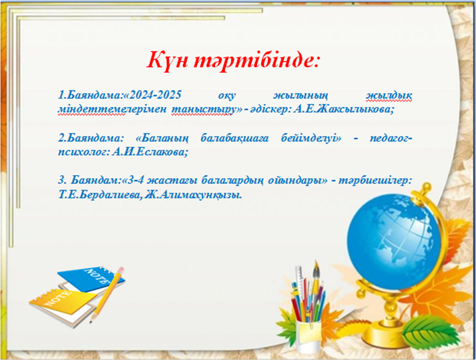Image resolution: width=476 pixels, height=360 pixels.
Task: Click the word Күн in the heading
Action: point(167,61)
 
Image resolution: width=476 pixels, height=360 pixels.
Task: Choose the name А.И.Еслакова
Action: point(150,151)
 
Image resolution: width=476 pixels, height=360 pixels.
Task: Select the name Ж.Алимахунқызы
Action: point(194,194)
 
